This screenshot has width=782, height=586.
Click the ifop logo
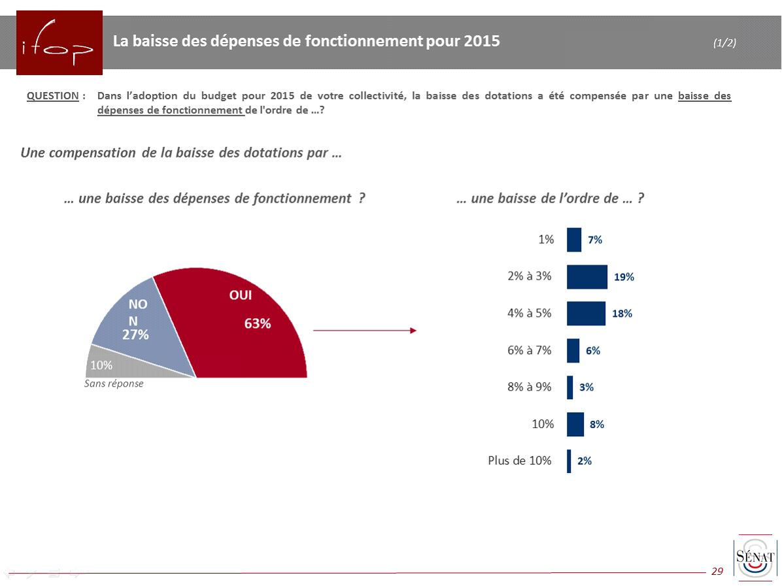pos(59,42)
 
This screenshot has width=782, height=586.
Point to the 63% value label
pos(258,323)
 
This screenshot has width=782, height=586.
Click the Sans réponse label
pos(114,383)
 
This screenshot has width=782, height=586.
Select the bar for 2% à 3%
pos(586,276)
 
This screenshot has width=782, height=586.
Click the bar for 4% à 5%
pos(586,314)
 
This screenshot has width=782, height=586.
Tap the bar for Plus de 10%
pos(569,461)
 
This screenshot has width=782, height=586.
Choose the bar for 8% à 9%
pos(570,387)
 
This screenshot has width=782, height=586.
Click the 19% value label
pos(624,276)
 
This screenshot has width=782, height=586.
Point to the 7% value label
pos(595,240)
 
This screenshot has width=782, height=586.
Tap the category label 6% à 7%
pos(530,350)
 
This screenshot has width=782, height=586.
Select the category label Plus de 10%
pos(520,461)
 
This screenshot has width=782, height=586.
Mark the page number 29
pos(717,572)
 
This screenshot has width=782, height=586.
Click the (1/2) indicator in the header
pos(724,43)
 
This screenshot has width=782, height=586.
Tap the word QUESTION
pos(52,96)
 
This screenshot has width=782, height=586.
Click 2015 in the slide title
pos(481,41)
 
